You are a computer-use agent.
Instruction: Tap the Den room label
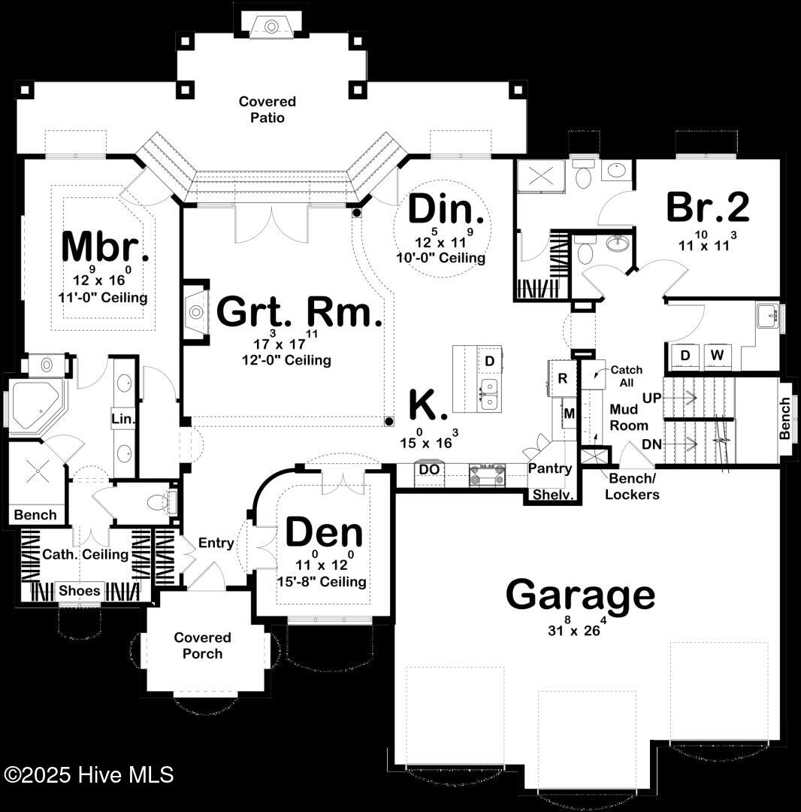pos(324,533)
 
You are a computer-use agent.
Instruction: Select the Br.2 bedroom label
pos(707,207)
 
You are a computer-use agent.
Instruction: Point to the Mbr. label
pos(105,247)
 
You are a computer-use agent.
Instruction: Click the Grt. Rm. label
pos(300,312)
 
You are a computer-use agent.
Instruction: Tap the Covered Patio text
pos(267,109)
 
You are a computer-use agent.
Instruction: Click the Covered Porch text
pos(202,645)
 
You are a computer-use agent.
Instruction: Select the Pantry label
pos(549,468)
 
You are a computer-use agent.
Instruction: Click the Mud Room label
pos(629,417)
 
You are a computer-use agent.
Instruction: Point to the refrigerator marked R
pos(563,378)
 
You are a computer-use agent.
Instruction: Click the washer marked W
pos(717,355)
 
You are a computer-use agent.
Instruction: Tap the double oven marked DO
pos(429,470)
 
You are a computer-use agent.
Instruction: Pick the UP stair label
pos(652,398)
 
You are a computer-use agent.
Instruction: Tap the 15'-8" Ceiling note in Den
pos(322,581)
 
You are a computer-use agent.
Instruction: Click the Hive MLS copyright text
pos(89,774)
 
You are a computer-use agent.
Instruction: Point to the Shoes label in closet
pos(79,590)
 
